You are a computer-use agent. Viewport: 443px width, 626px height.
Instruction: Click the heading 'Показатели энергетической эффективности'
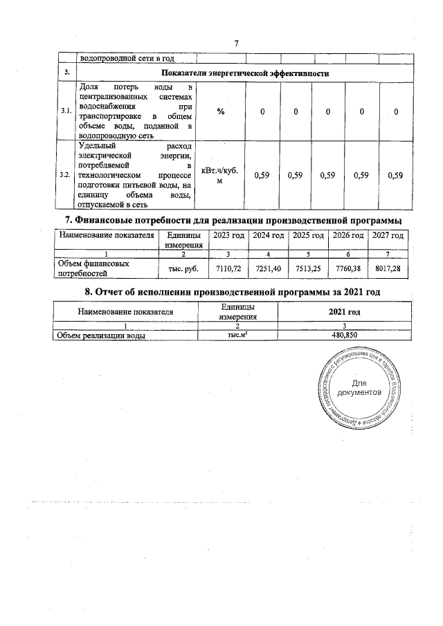coord(244,73)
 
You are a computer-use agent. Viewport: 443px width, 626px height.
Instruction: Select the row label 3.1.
coord(66,112)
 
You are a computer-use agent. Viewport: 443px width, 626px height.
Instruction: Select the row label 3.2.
coord(66,175)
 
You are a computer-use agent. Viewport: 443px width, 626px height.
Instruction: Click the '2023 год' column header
coord(228,236)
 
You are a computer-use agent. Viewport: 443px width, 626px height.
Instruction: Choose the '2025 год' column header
coord(309,236)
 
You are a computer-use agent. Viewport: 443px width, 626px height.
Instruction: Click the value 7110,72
coord(228,267)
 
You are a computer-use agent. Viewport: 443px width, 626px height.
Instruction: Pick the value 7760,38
coord(348,267)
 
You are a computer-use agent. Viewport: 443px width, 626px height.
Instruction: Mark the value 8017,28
coord(387,267)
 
